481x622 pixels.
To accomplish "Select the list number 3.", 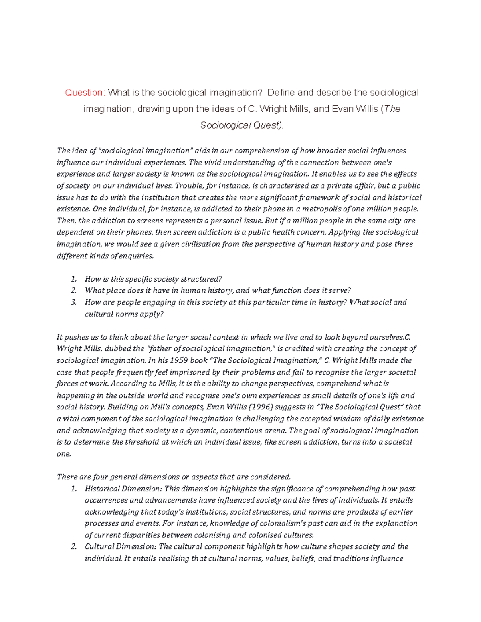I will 73,302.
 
